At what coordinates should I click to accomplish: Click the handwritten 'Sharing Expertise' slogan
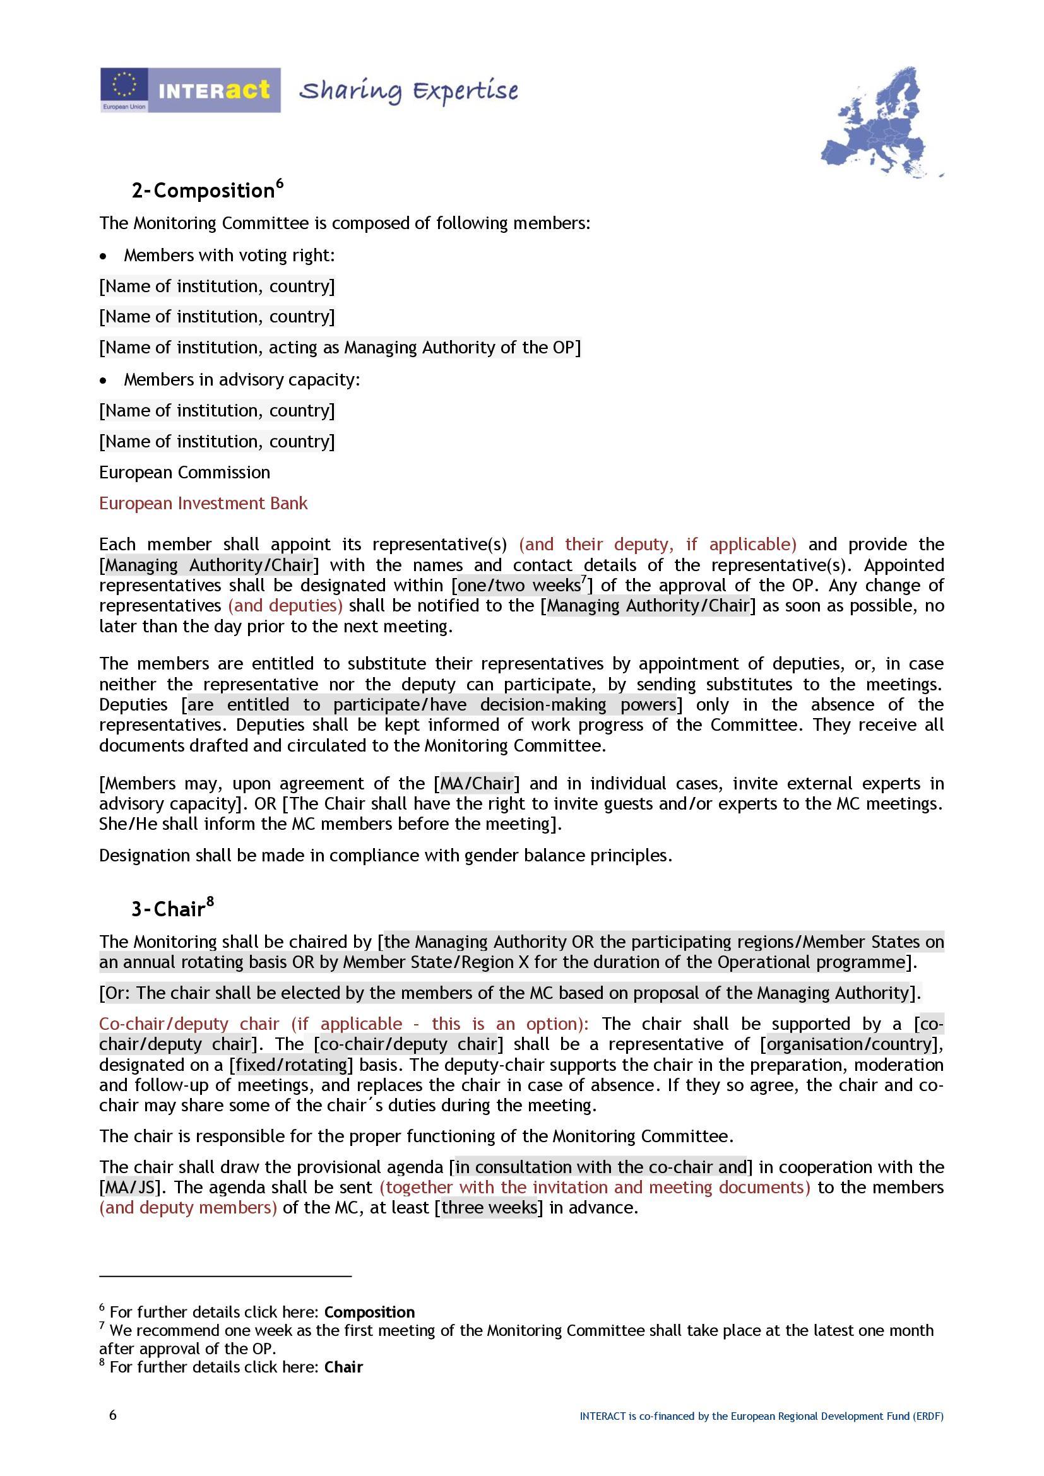tap(408, 92)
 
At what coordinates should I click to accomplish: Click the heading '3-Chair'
tap(172, 908)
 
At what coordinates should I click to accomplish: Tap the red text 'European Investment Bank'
tap(203, 504)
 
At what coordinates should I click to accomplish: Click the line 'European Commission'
tap(184, 473)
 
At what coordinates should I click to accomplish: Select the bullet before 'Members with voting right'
tap(104, 256)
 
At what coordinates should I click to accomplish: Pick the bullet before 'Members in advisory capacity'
tap(104, 381)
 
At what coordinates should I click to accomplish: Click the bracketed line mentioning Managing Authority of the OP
tap(340, 348)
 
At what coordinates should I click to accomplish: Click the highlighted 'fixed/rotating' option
tap(291, 1065)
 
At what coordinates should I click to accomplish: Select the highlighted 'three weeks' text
tap(489, 1207)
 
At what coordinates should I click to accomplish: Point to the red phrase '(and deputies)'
tap(285, 606)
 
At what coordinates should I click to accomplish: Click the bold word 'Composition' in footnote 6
tap(369, 1312)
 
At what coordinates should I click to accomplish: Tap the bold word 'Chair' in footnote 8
tap(343, 1367)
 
